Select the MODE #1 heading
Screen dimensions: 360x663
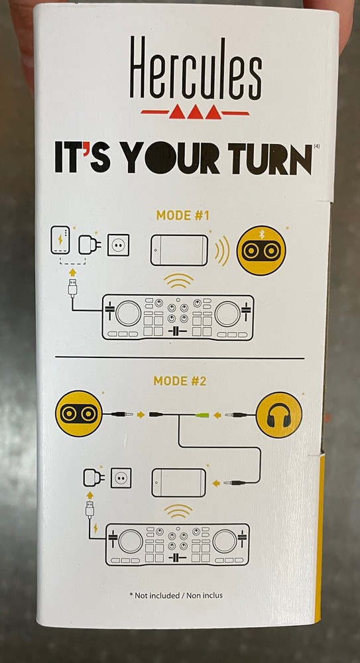tap(183, 215)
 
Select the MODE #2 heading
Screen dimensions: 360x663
tap(180, 381)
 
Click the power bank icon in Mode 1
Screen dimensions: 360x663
tap(60, 240)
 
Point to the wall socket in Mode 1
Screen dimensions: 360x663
tap(119, 245)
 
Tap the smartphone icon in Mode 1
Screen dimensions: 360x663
tap(179, 251)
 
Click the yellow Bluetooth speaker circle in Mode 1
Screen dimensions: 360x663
tap(261, 251)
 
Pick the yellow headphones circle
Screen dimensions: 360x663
tap(278, 415)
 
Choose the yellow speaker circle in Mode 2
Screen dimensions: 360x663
tap(78, 414)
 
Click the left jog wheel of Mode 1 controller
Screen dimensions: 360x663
tap(128, 314)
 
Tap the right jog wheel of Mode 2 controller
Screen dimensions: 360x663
tap(225, 540)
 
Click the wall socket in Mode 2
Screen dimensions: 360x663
tap(121, 478)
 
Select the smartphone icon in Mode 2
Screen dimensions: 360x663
tap(179, 483)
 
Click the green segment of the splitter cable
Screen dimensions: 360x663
tap(202, 415)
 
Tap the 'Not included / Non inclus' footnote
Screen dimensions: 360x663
tap(176, 595)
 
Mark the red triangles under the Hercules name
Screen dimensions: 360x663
tap(195, 112)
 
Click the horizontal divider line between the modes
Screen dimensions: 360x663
tap(180, 358)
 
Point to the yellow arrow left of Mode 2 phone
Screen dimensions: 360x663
tap(215, 483)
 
